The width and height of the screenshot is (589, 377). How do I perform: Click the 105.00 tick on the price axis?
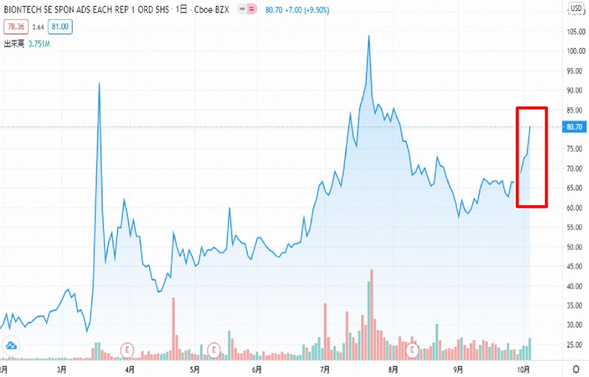tap(576, 31)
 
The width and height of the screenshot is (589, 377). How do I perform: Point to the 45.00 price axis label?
tap(576, 266)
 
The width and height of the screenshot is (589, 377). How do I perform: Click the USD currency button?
tap(576, 8)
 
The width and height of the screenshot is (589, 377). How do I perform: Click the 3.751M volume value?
tap(39, 43)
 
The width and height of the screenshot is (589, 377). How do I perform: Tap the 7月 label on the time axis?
tap(325, 368)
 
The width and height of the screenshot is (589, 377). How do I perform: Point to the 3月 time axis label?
tap(62, 368)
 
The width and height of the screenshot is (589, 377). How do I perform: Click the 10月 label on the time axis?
tap(523, 368)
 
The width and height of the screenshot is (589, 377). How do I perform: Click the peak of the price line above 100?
tap(369, 36)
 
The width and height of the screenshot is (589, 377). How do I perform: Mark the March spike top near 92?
tap(100, 83)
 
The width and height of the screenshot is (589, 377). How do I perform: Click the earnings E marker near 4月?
tap(126, 349)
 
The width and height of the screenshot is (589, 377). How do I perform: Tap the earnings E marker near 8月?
tap(412, 349)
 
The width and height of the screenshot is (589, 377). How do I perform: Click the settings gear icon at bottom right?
tap(576, 368)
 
